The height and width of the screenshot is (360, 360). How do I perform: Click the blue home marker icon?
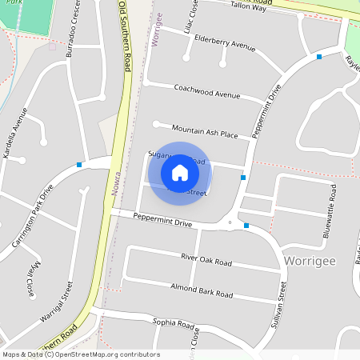click(x=180, y=173)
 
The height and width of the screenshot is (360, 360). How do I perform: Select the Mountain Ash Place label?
click(x=205, y=131)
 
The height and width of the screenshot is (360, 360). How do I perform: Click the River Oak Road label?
click(x=206, y=262)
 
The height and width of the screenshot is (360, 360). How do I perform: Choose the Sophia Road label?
click(x=174, y=323)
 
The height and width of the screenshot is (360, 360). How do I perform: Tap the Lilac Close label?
click(x=193, y=14)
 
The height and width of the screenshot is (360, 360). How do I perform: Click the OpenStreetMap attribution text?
click(x=81, y=354)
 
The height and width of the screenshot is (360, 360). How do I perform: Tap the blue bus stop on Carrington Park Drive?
click(x=79, y=165)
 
